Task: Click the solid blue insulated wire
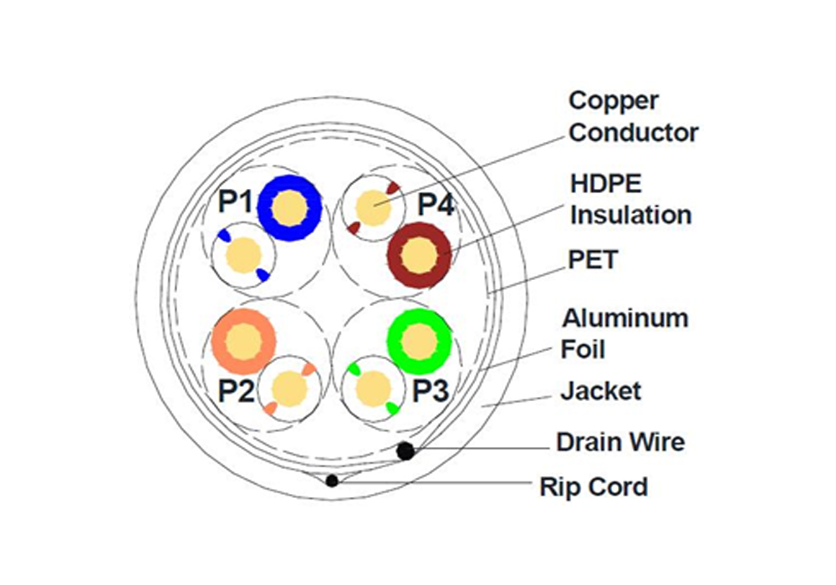click(289, 206)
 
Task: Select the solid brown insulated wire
click(418, 255)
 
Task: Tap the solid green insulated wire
click(419, 340)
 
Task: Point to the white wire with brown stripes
click(373, 207)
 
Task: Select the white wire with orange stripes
click(289, 389)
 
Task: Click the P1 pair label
click(235, 201)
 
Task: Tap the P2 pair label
click(236, 391)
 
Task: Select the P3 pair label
click(433, 391)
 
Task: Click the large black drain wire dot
click(405, 451)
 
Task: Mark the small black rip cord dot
click(333, 481)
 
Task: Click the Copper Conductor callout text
click(633, 116)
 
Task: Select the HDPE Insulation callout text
click(630, 199)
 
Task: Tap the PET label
click(593, 260)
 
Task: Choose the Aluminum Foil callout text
click(624, 332)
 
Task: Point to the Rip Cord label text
click(594, 486)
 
